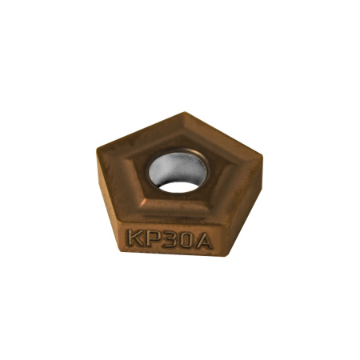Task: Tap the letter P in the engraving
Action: pos(153,238)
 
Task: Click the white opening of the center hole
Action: pos(178,186)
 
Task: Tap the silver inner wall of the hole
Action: pos(178,166)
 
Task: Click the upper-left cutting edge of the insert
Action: pos(139,130)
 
